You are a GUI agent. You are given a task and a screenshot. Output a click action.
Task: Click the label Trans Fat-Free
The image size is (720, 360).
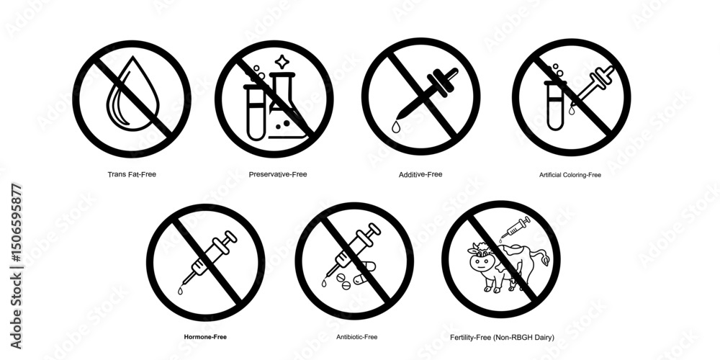pyautogui.click(x=132, y=174)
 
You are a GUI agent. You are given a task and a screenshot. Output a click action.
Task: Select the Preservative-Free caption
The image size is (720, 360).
pyautogui.click(x=278, y=174)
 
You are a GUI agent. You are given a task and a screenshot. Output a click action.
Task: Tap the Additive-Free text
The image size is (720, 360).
pyautogui.click(x=420, y=174)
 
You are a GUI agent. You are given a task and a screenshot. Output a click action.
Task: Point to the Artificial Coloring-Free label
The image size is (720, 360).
pyautogui.click(x=570, y=175)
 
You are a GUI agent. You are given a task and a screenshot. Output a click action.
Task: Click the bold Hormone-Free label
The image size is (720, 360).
pyautogui.click(x=205, y=337)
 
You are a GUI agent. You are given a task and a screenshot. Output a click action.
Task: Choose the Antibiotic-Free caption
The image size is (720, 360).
pyautogui.click(x=357, y=337)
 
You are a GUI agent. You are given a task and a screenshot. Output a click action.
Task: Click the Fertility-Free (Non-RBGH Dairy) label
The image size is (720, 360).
pyautogui.click(x=502, y=338)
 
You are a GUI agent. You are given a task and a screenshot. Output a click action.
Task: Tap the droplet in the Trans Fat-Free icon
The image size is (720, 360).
pyautogui.click(x=132, y=94)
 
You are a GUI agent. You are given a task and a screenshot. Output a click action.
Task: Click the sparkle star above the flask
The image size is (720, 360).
pyautogui.click(x=281, y=61)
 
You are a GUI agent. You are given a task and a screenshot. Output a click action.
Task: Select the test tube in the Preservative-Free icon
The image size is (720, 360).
pyautogui.click(x=256, y=112)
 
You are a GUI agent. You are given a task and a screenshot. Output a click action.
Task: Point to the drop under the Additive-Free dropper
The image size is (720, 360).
pyautogui.click(x=396, y=127)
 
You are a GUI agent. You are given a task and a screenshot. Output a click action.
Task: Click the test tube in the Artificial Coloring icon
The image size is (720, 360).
pyautogui.click(x=555, y=105)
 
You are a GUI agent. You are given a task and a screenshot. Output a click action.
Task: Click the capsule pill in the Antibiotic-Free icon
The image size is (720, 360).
pyautogui.click(x=364, y=272)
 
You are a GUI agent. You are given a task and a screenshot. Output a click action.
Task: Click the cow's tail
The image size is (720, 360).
pyautogui.click(x=542, y=257)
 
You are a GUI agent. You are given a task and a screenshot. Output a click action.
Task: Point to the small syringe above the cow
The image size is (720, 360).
pyautogui.click(x=516, y=228)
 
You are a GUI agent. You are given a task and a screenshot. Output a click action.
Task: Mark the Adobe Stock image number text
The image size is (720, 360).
pyautogui.click(x=16, y=266)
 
